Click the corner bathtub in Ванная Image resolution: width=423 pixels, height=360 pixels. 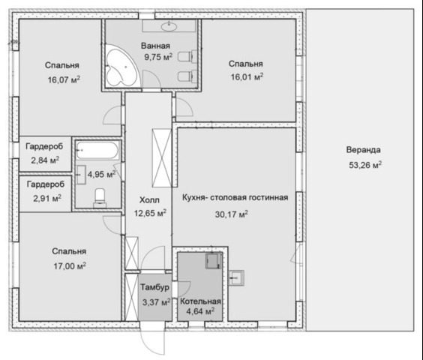coord(121,67)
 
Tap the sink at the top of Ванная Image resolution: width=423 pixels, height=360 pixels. coord(169,26)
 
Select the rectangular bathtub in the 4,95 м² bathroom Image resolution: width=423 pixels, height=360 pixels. coord(97,150)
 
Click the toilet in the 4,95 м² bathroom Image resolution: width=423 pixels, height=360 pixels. coord(100,198)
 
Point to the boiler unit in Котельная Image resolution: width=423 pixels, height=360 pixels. coord(214,261)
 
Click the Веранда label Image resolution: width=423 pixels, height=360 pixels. coord(364,150)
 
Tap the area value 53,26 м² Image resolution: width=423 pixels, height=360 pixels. coord(365,164)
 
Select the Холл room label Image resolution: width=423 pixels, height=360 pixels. coord(149,200)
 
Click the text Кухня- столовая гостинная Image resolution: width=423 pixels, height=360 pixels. coord(235,197)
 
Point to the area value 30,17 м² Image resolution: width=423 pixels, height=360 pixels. coord(232,214)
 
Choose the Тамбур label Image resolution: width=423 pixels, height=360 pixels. coord(154,286)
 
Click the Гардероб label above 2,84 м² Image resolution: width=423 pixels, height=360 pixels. coord(44,146)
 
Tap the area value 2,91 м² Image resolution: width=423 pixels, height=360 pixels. coord(47,198)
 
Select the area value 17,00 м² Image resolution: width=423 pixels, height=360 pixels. coord(70,266)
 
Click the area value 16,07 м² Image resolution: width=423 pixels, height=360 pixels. coord(64,79)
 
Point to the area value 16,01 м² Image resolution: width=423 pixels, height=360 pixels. coord(247,77)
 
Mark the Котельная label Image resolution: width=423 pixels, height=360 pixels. coord(200,301)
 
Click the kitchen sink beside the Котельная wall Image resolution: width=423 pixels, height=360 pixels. coord(236,277)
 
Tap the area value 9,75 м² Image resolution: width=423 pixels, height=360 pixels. coord(158,57)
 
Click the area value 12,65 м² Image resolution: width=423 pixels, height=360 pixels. coord(150,213)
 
